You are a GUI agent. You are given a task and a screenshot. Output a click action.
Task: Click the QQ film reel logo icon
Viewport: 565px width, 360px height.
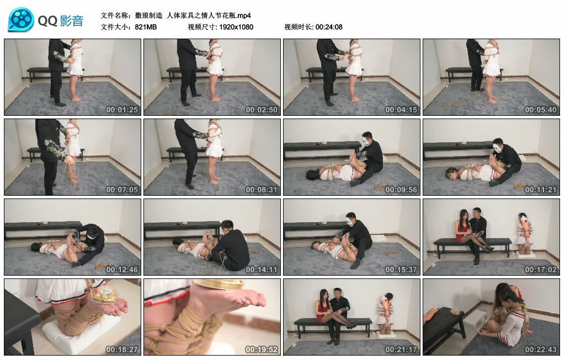(x=21, y=20)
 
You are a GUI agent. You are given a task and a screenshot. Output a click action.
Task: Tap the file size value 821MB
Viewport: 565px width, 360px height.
(x=146, y=27)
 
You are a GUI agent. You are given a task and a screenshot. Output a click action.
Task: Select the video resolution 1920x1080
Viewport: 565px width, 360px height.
(x=236, y=27)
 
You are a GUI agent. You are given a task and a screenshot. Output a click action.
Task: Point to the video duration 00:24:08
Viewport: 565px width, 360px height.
(x=329, y=27)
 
